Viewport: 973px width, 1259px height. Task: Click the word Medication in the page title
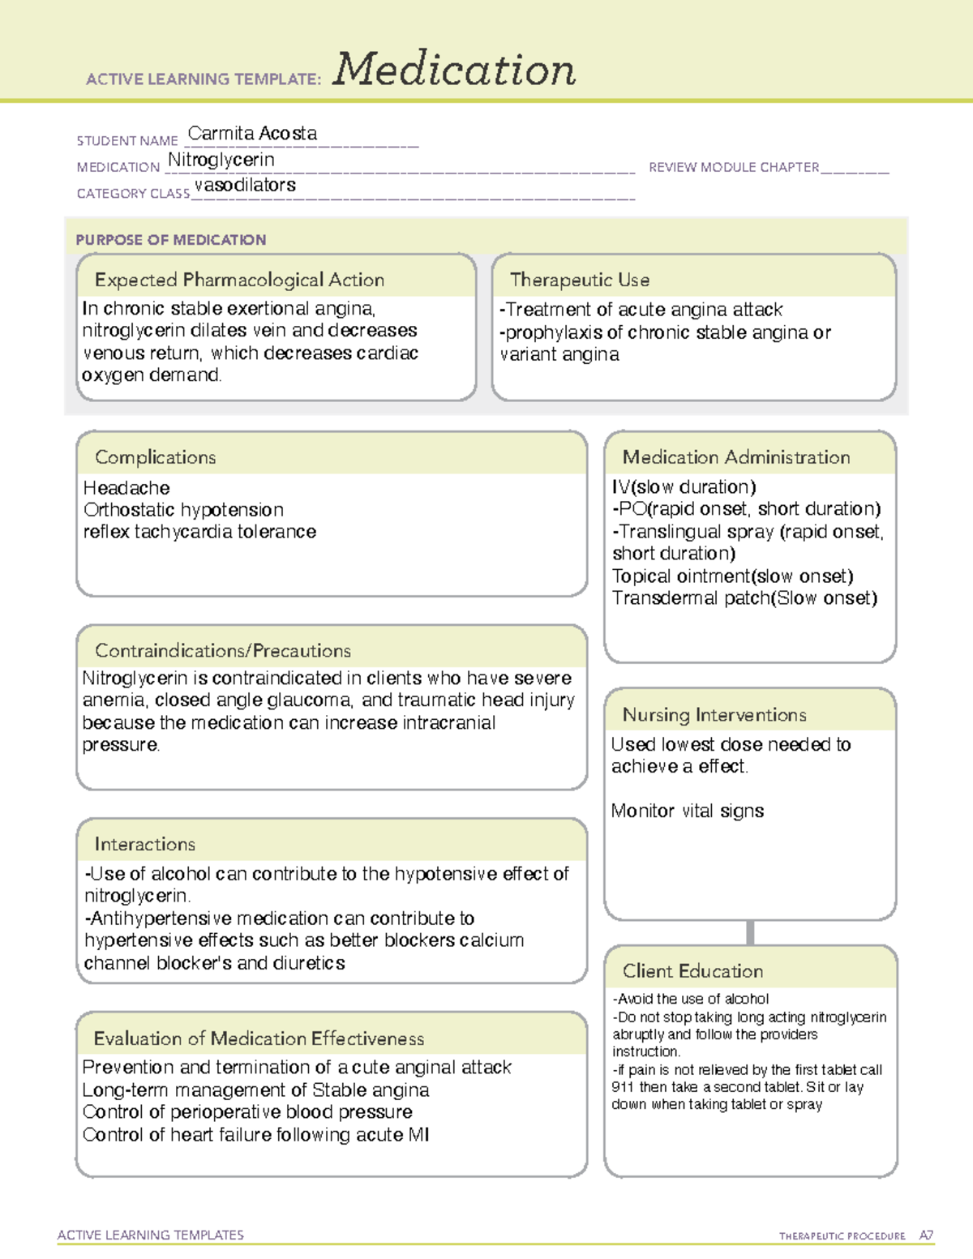(453, 70)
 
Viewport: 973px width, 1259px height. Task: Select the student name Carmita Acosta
(252, 134)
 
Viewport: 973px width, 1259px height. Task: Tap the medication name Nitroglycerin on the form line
(221, 161)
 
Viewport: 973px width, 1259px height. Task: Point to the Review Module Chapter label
(733, 167)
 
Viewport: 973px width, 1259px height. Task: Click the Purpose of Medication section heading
(170, 240)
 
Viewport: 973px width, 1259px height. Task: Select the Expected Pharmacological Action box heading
(239, 280)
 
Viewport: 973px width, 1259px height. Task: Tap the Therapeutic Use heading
(579, 280)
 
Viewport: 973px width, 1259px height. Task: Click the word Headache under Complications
(126, 488)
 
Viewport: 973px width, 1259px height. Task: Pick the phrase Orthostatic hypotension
(183, 510)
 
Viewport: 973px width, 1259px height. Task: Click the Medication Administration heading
(735, 457)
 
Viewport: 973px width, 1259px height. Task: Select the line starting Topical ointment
(732, 576)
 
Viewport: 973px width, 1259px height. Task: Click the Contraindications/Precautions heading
(222, 651)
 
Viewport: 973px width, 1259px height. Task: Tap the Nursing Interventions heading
(714, 715)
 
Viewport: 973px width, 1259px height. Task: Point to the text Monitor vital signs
(687, 811)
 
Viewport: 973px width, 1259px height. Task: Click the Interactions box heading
(144, 845)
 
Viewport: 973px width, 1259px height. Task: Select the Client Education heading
(692, 971)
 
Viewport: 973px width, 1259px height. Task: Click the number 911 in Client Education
(623, 1087)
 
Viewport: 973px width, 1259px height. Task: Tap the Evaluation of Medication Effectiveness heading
(259, 1038)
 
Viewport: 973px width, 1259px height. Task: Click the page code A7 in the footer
(925, 1235)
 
